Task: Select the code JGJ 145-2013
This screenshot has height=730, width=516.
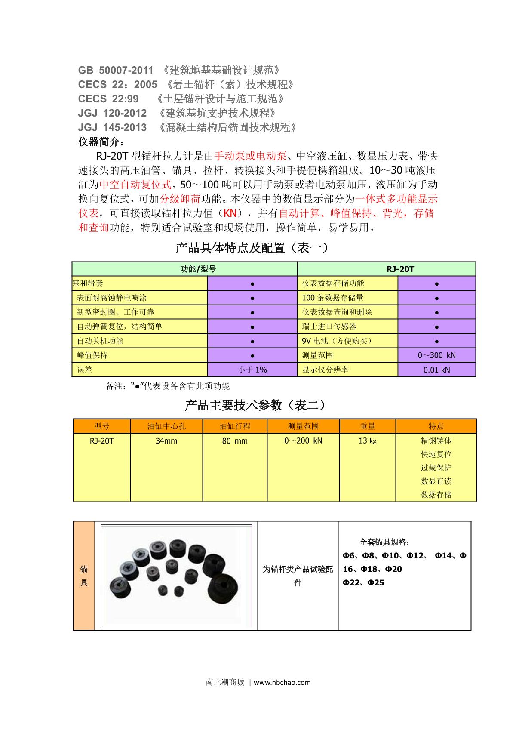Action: click(112, 127)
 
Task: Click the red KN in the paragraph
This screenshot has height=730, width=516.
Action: click(230, 213)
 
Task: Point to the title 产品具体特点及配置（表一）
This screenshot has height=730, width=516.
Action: click(252, 248)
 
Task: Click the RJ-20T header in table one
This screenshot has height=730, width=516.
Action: click(400, 269)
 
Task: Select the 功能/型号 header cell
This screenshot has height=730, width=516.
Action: click(198, 269)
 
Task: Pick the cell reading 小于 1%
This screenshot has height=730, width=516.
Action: click(252, 370)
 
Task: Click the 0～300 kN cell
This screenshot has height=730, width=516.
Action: click(436, 355)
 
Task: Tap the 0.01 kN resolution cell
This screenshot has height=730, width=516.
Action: click(436, 370)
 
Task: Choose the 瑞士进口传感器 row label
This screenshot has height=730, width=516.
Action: click(329, 326)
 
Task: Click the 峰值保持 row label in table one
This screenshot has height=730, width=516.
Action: click(92, 355)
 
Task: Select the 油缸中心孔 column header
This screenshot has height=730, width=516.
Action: click(166, 426)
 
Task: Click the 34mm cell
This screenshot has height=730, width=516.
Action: click(166, 441)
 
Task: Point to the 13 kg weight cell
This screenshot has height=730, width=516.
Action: click(367, 441)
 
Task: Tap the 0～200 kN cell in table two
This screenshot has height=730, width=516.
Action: click(303, 441)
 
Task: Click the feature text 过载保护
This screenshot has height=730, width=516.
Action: click(436, 468)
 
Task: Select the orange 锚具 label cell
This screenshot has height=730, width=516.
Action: click(84, 576)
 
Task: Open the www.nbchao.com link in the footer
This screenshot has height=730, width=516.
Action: click(283, 682)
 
